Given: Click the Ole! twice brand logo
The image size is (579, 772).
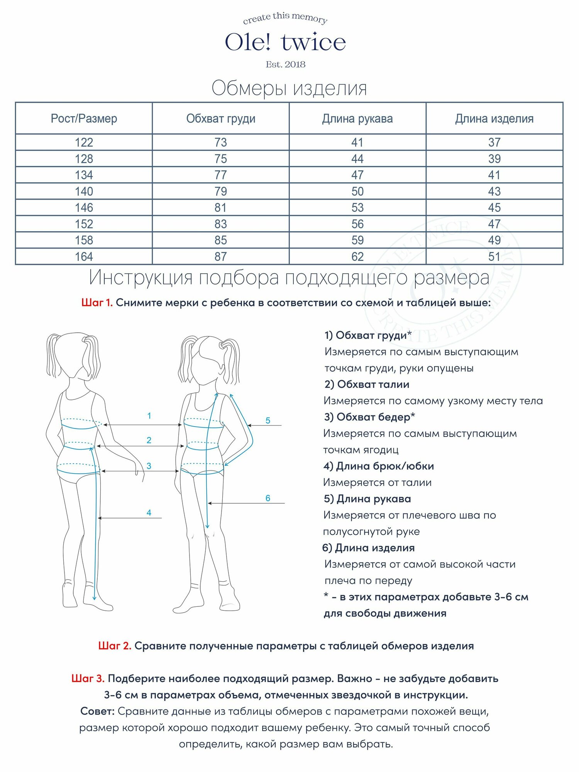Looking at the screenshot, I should point(286,42).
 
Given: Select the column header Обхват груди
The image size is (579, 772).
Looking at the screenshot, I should point(221,119).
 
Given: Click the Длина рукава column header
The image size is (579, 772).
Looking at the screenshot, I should point(357,119).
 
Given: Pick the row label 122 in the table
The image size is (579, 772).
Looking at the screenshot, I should point(84,142).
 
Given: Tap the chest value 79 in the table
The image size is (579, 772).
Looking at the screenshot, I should point(221,191).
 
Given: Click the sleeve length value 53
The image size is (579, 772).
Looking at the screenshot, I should point(357,208).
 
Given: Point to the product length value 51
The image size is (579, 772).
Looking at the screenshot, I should point(494,257).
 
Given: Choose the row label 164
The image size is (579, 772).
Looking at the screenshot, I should point(84,257).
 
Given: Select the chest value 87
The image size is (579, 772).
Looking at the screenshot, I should point(221,257).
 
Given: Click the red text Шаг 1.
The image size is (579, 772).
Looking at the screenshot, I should point(97,303).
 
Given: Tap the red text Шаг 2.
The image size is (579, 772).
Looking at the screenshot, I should point(115,646).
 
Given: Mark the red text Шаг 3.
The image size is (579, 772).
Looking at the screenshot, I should point(88,679).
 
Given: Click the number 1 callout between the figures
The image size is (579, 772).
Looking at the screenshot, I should point(149,416).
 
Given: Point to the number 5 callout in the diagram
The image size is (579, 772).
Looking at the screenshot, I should point(268,420).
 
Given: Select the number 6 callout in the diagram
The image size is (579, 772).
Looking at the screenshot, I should point(268,498).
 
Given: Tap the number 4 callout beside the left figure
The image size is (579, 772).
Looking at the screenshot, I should point(149,513).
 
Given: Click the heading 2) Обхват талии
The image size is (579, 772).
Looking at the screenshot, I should point(367,384).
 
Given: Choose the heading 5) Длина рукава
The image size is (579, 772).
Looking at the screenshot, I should point(367,499).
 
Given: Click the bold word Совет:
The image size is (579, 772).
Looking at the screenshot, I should point(98,711).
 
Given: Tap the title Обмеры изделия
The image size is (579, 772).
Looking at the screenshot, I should point(289,88).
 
